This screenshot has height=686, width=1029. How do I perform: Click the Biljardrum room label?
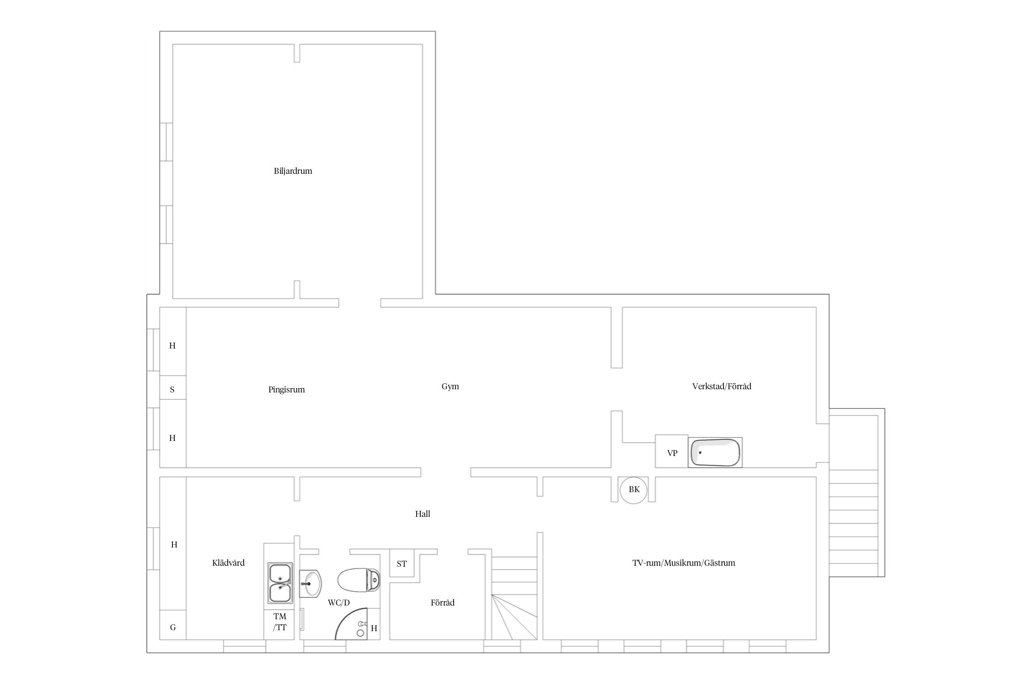point(293,171)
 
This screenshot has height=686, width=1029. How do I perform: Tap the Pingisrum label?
point(286,390)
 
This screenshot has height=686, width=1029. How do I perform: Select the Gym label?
point(450,386)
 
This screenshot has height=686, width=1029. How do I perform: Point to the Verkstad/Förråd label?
point(722,386)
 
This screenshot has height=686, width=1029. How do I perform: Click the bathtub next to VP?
point(715,453)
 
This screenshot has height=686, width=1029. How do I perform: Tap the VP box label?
point(672,453)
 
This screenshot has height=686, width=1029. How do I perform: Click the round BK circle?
point(634,490)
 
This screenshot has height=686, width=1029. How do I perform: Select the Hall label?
point(423,514)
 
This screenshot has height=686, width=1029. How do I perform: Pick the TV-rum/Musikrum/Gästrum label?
point(684,563)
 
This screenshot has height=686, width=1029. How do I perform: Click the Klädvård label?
point(228,563)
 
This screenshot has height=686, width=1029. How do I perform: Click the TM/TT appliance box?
point(279,622)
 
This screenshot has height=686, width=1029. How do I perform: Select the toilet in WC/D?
point(359,580)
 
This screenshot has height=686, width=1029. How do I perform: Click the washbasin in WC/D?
point(310,584)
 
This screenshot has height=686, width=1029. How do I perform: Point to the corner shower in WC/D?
point(351,623)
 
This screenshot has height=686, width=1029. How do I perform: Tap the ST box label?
point(402,564)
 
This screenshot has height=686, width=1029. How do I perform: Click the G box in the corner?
point(173,625)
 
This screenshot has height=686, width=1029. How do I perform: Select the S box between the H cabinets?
point(172,388)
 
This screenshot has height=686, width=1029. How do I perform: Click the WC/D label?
point(338,603)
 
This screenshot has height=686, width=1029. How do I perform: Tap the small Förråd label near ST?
point(442,603)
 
